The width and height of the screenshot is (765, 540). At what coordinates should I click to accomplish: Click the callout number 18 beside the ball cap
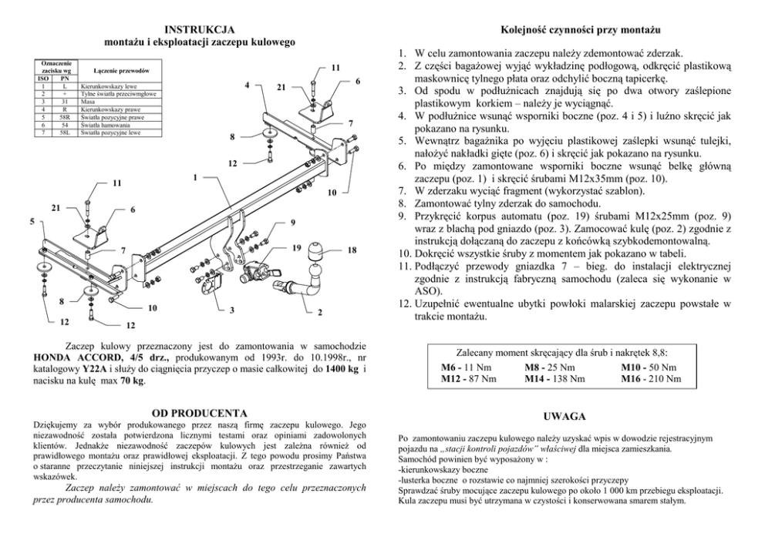(x=352, y=251)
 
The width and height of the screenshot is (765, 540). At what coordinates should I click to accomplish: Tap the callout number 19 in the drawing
(x=297, y=248)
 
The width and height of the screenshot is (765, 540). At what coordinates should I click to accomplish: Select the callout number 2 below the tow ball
(x=319, y=314)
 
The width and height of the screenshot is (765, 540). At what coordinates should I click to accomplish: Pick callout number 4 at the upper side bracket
(x=245, y=83)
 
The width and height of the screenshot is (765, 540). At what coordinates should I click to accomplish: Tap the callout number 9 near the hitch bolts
(x=293, y=223)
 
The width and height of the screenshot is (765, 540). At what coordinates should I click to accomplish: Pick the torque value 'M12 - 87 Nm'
(x=469, y=378)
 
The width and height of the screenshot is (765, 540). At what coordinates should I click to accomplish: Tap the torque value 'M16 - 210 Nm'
(x=651, y=378)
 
